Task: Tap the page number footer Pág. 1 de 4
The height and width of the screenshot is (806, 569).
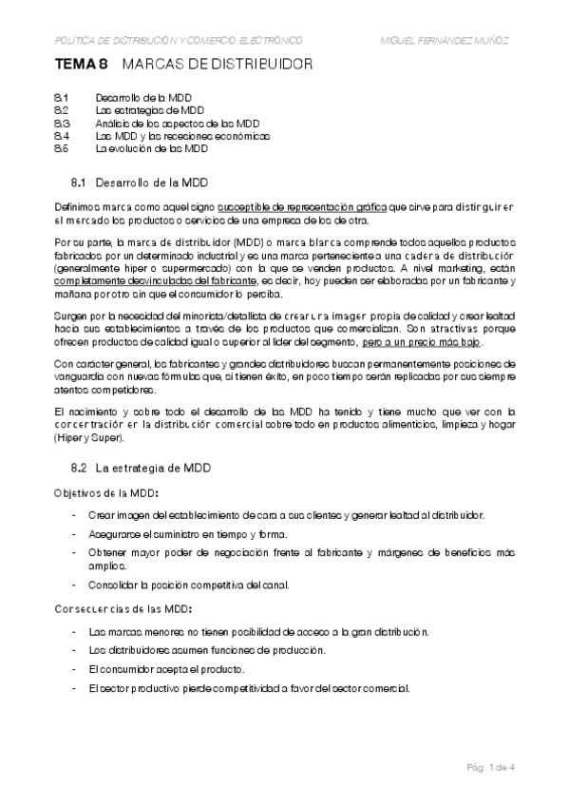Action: click(x=488, y=766)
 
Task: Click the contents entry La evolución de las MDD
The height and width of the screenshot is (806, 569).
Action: click(x=151, y=149)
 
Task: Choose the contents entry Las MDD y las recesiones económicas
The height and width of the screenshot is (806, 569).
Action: click(x=182, y=137)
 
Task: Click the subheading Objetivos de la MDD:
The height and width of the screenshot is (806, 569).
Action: click(x=104, y=492)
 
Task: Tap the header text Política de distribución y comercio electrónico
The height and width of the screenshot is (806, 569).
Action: click(x=180, y=40)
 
